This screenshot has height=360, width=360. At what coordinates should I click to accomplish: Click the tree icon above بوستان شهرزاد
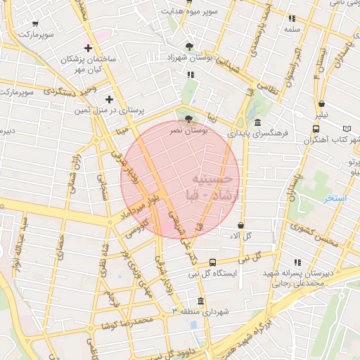(x=189, y=46)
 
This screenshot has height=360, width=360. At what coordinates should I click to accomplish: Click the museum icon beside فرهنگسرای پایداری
(x=247, y=122)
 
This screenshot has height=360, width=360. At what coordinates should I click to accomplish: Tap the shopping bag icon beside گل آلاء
(x=241, y=225)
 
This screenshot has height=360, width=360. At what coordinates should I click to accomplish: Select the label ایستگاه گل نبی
(x=213, y=274)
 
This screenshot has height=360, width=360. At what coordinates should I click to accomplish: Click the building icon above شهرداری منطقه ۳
(x=201, y=302)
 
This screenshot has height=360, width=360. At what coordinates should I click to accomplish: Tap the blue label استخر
(x=335, y=199)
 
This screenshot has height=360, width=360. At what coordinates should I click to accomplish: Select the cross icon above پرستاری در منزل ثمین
(x=109, y=99)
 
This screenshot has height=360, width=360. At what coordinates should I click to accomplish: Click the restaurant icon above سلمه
(x=292, y=19)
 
